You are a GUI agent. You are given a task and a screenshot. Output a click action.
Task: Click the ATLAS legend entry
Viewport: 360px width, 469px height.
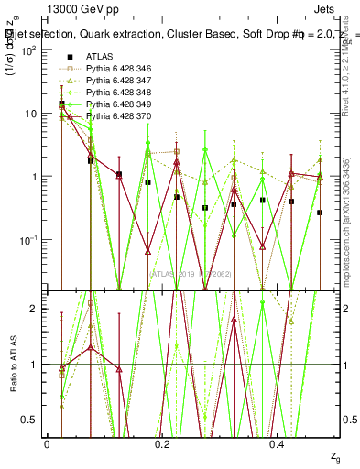[100, 56]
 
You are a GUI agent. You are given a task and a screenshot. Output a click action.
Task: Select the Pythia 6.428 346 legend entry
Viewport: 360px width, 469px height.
[119, 68]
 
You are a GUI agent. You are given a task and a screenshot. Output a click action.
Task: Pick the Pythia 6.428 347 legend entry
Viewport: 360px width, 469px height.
[119, 81]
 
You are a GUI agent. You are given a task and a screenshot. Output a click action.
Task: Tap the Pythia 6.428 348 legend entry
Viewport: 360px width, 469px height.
[119, 93]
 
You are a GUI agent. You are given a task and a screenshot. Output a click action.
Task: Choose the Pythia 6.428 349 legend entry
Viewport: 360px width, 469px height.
[119, 104]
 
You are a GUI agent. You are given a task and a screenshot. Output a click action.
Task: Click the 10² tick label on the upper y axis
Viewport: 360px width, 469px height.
[32, 51]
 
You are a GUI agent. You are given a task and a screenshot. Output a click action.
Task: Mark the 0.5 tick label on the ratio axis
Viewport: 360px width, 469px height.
[35, 420]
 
